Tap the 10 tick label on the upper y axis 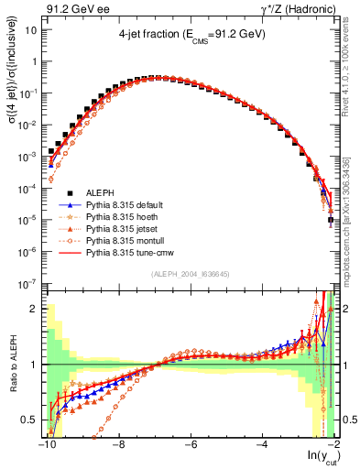[31, 30]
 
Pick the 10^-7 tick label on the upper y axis [28, 285]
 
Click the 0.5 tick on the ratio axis [30, 420]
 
